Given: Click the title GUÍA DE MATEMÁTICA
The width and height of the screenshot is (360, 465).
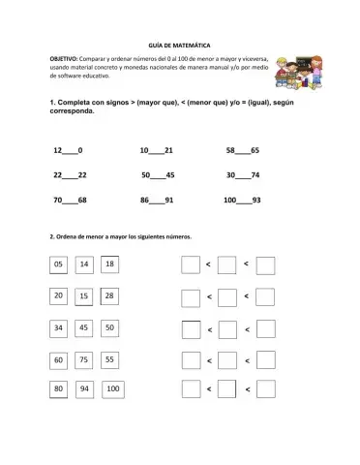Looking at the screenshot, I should pyautogui.click(x=179, y=46).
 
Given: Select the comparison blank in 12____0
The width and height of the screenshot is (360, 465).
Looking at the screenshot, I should pyautogui.click(x=70, y=152).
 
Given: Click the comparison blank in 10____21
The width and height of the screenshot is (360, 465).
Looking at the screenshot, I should pyautogui.click(x=157, y=152).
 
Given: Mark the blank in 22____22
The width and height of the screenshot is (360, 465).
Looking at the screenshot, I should pyautogui.click(x=70, y=175).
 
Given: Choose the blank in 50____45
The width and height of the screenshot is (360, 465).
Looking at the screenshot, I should pyautogui.click(x=157, y=175).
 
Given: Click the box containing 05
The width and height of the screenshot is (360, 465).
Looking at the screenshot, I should pyautogui.click(x=59, y=264).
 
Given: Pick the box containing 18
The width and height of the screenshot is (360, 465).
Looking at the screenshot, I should pyautogui.click(x=109, y=263).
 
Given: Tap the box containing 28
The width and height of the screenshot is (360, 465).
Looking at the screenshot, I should pyautogui.click(x=109, y=295).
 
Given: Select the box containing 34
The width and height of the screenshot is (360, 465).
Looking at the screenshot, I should pyautogui.click(x=59, y=328).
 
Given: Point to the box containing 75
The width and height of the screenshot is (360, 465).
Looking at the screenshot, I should pyautogui.click(x=84, y=359).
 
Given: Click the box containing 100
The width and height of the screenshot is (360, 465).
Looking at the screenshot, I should pyautogui.click(x=112, y=389).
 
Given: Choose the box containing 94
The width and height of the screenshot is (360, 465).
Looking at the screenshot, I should pyautogui.click(x=84, y=389).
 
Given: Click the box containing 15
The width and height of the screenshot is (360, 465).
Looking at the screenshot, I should pyautogui.click(x=84, y=296).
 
